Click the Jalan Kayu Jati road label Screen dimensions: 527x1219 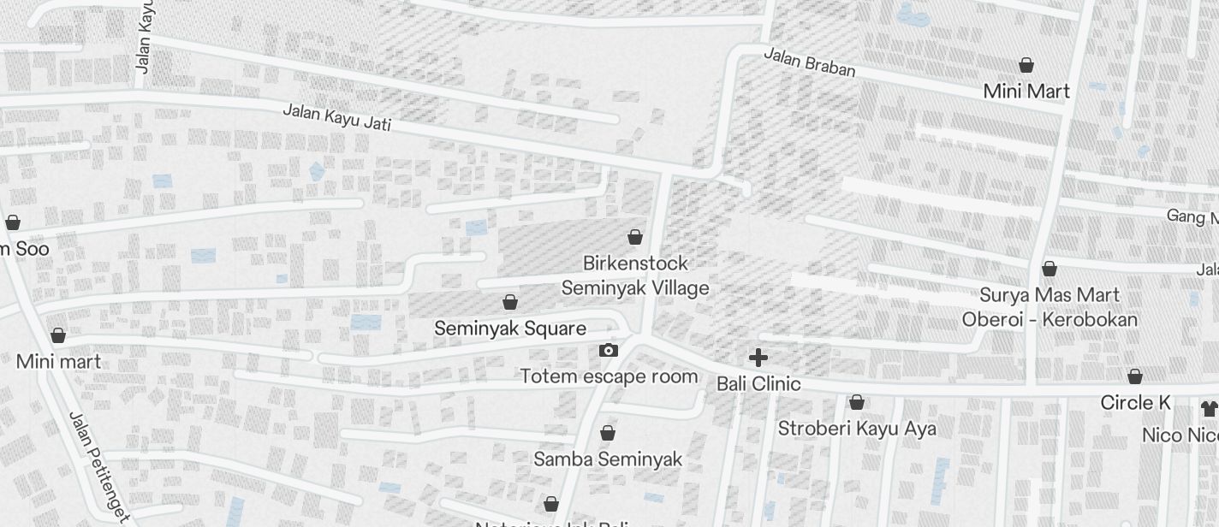pyautogui.click(x=336, y=117)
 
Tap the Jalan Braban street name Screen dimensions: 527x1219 pyautogui.click(x=809, y=62)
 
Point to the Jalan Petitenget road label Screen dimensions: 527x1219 pyautogui.click(x=98, y=466)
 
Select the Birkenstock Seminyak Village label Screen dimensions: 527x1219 pyautogui.click(x=635, y=275)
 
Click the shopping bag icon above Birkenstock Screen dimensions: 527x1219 pyautogui.click(x=635, y=237)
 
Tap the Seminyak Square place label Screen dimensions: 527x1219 pyautogui.click(x=510, y=329)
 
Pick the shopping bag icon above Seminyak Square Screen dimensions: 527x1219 pyautogui.click(x=510, y=302)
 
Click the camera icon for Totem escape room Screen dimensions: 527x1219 pyautogui.click(x=609, y=350)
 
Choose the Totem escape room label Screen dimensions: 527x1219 pyautogui.click(x=609, y=376)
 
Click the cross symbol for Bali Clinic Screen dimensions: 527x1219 pyautogui.click(x=758, y=358)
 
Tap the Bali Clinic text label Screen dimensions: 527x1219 pyautogui.click(x=758, y=384)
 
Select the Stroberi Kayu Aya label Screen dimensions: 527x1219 pyautogui.click(x=857, y=429)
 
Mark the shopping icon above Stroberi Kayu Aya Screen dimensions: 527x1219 pyautogui.click(x=857, y=402)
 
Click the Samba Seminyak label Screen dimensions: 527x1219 pyautogui.click(x=608, y=459)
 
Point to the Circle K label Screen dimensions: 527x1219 pyautogui.click(x=1135, y=403)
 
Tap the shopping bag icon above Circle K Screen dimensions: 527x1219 pyautogui.click(x=1135, y=376)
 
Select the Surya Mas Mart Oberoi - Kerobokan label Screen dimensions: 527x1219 pyautogui.click(x=1050, y=308)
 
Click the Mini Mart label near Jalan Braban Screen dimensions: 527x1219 pyautogui.click(x=1026, y=92)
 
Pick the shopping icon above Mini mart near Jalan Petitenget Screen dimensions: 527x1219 pyautogui.click(x=58, y=335)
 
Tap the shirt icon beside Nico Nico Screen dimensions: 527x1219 pyautogui.click(x=1209, y=409)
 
